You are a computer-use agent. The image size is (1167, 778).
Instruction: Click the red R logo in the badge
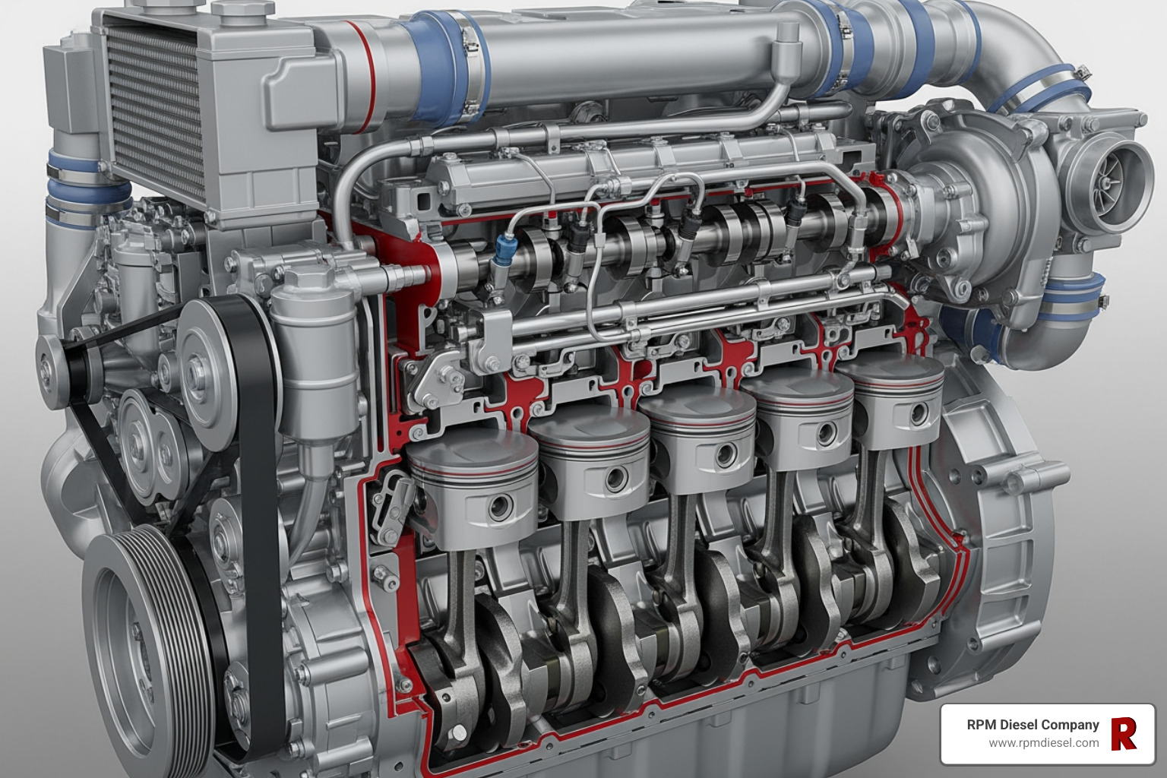click(1124, 733)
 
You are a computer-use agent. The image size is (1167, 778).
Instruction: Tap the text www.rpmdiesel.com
click(1043, 743)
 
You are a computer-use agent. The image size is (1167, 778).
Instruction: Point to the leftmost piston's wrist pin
click(500, 507)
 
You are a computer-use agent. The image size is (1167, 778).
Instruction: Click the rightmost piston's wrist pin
click(918, 413)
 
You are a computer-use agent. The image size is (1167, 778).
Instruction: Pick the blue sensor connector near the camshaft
click(504, 247)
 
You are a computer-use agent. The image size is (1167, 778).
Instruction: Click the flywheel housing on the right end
click(995, 532)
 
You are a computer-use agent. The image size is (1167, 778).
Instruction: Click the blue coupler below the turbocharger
click(1071, 296)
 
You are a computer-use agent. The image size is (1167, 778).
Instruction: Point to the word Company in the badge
click(1073, 725)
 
